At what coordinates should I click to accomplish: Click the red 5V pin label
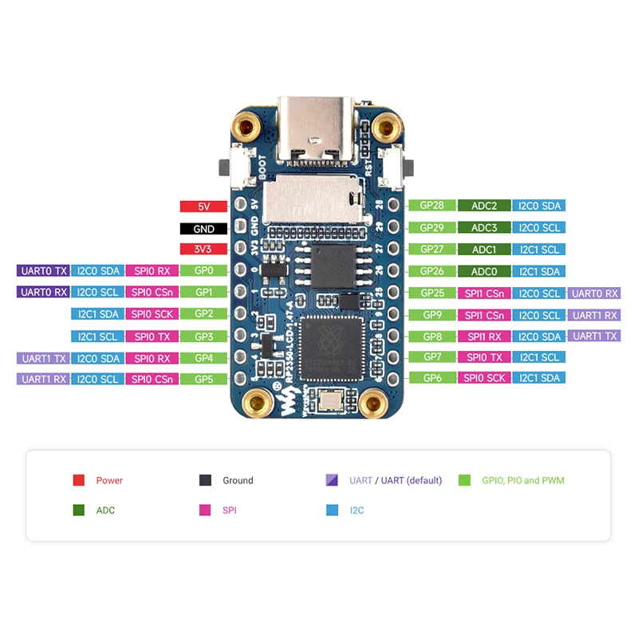[203, 207]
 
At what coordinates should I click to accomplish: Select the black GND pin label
[203, 228]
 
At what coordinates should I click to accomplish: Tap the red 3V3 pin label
[203, 250]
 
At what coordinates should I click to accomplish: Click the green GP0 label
[203, 271]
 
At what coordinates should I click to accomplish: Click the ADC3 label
[483, 227]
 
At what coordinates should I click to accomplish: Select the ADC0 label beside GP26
[483, 271]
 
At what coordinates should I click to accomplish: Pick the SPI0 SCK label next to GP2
[152, 314]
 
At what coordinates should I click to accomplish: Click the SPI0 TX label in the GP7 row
[483, 356]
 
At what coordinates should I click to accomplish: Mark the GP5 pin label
[203, 379]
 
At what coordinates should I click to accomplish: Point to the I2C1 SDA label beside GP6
[539, 378]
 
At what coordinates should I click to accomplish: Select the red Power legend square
[79, 480]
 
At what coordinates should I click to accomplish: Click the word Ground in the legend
[238, 480]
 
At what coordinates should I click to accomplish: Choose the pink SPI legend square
[205, 510]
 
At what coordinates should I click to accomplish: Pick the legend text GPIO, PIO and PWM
[522, 480]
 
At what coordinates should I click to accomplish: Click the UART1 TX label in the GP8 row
[594, 336]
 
